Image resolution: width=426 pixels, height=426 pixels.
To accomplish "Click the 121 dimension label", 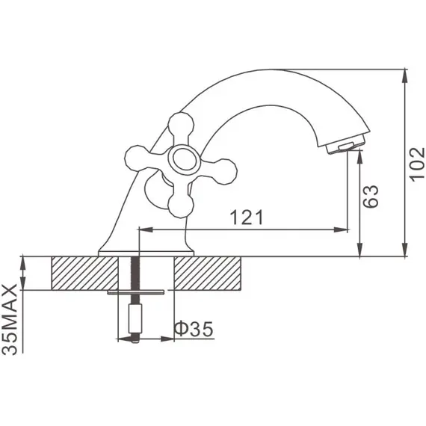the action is point(247,217).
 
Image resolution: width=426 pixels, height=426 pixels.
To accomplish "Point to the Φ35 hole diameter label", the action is point(194,329).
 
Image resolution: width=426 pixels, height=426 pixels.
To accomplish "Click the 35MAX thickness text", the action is point(10,319).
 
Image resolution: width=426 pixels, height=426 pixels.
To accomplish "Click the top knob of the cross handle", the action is point(181,125).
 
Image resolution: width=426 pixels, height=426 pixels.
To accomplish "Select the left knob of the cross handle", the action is point(138,158).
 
